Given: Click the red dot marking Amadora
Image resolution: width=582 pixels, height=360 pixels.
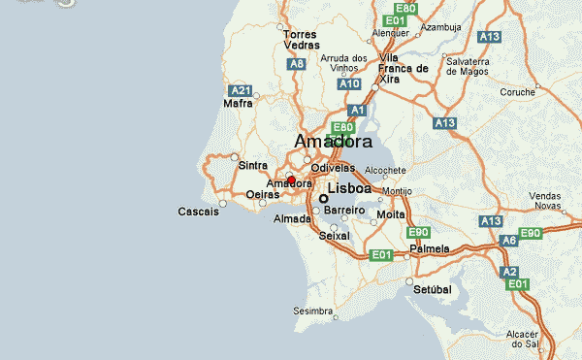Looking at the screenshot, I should [291, 180].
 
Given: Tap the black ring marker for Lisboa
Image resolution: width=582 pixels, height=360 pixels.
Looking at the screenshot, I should [323, 198].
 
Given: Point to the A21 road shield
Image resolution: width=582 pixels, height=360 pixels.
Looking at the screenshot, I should [241, 90].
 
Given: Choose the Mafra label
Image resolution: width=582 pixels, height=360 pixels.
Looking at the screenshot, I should [238, 103].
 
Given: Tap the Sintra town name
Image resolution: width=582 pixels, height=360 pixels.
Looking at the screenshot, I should [253, 166].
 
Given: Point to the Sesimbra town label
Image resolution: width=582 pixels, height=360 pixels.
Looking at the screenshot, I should [311, 311].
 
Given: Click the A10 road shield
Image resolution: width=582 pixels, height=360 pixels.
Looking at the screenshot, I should [350, 84].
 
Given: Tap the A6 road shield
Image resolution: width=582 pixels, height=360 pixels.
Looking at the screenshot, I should [509, 240].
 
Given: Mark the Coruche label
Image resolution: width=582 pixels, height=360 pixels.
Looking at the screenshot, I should [518, 93].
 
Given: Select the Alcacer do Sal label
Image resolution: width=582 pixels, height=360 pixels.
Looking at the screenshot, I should [536, 339].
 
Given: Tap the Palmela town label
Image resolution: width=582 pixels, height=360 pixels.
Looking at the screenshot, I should [430, 248].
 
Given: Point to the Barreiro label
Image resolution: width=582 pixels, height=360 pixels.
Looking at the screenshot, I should [343, 210].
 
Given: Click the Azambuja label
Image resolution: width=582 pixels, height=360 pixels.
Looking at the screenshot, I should [439, 27].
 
